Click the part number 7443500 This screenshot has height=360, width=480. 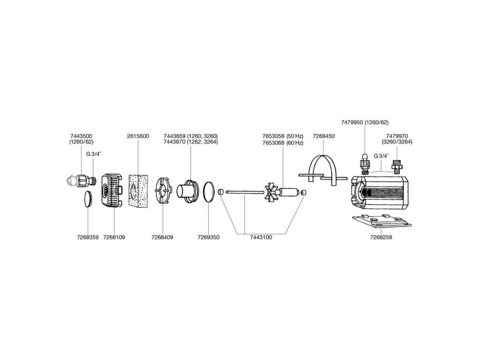80,135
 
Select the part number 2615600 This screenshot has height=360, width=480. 138,136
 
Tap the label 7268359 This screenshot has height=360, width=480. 88,238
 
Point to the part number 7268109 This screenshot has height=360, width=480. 114,238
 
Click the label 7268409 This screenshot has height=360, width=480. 162,238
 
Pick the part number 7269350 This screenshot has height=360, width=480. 209,238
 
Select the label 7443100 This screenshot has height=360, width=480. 261,238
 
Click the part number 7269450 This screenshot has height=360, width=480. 323,136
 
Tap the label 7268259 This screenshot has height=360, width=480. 381,238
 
